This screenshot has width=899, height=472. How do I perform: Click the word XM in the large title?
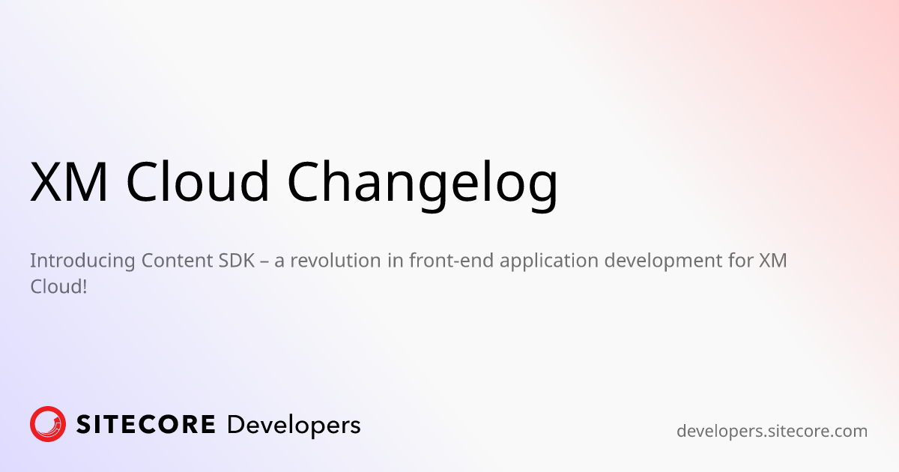coord(70,182)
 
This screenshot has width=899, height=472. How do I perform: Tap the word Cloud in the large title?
coord(197,182)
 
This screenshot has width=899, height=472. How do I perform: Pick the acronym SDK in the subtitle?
coord(241,261)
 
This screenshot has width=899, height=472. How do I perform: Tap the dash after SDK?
coord(272,262)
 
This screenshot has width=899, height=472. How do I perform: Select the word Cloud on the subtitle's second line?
coord(55,286)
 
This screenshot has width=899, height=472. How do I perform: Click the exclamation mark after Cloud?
coord(85,286)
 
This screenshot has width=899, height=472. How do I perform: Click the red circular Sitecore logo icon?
coord(48,425)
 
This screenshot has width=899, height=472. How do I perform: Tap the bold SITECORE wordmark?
coord(146,425)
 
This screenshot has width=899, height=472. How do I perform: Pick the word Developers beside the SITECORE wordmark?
coord(294,426)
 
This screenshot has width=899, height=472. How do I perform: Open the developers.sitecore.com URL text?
coord(772,431)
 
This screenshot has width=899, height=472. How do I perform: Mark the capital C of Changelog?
coord(306,182)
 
